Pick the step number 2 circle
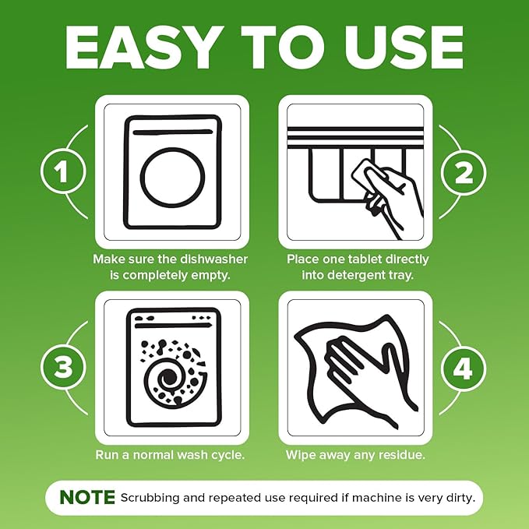tap(463, 172)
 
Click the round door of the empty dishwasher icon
tap(173, 178)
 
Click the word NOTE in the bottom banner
tap(86, 497)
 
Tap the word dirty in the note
tap(462, 497)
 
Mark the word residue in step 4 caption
tap(404, 454)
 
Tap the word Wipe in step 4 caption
tap(301, 454)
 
